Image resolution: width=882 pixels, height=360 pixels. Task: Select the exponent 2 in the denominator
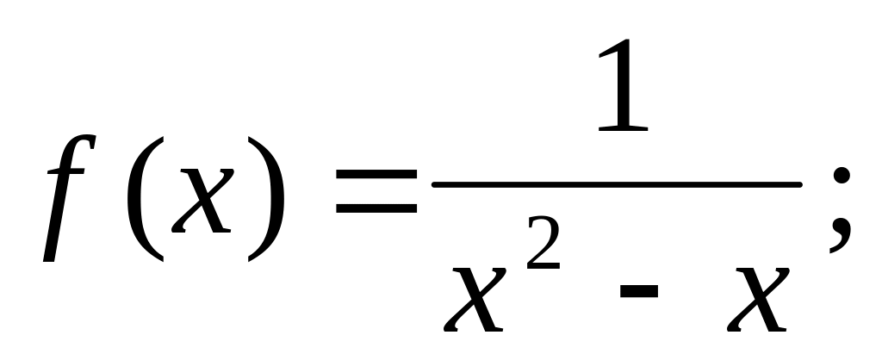542,250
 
